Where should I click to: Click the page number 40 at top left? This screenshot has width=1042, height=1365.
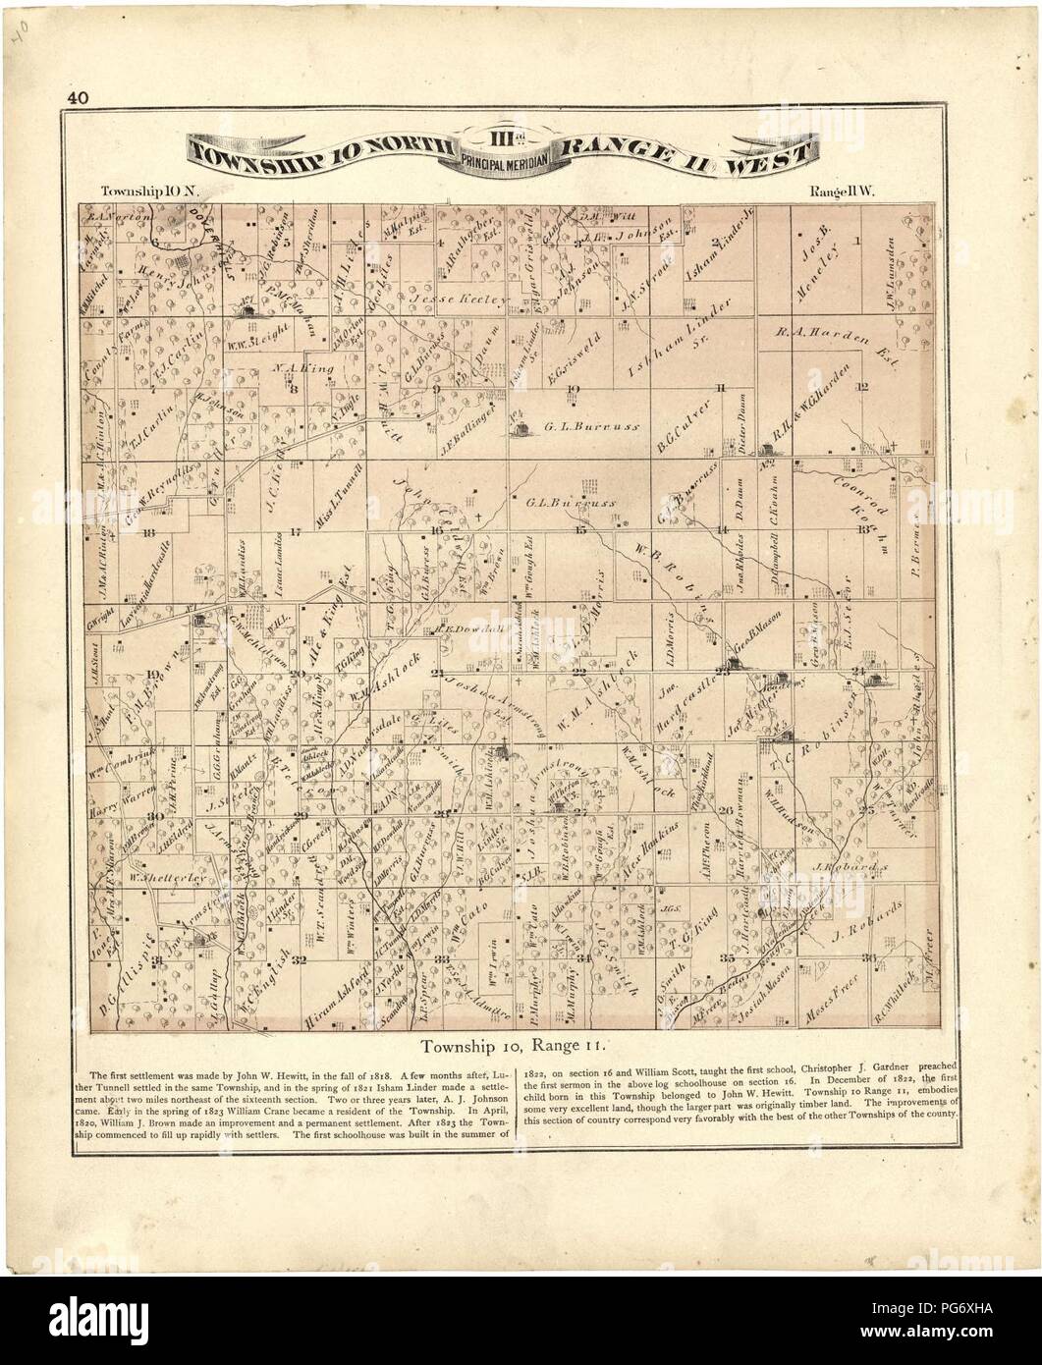(x=77, y=97)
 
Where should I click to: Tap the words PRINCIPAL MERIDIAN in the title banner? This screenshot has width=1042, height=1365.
(x=503, y=163)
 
